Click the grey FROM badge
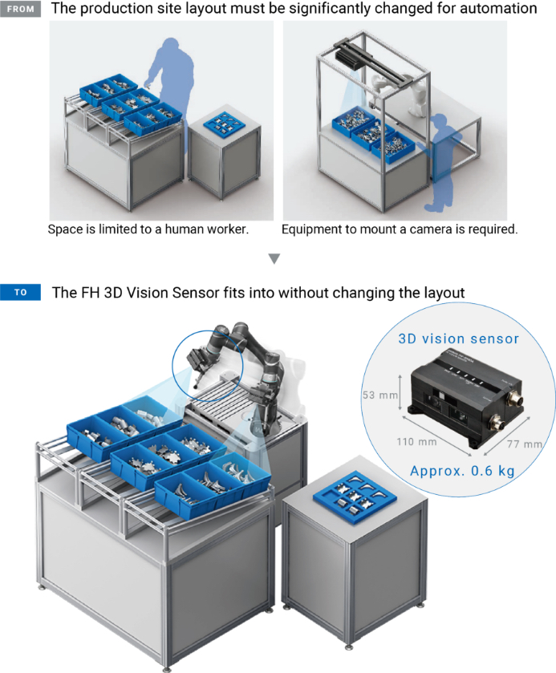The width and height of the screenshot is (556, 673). [21, 9]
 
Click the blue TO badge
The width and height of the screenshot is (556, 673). [21, 292]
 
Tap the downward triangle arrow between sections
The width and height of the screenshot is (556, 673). [274, 258]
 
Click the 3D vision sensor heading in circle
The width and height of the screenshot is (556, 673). [459, 339]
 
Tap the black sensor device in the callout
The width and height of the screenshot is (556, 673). [457, 391]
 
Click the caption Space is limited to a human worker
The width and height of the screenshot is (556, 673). [148, 229]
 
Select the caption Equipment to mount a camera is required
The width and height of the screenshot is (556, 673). [400, 229]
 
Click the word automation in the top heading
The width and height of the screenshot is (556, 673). [496, 9]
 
